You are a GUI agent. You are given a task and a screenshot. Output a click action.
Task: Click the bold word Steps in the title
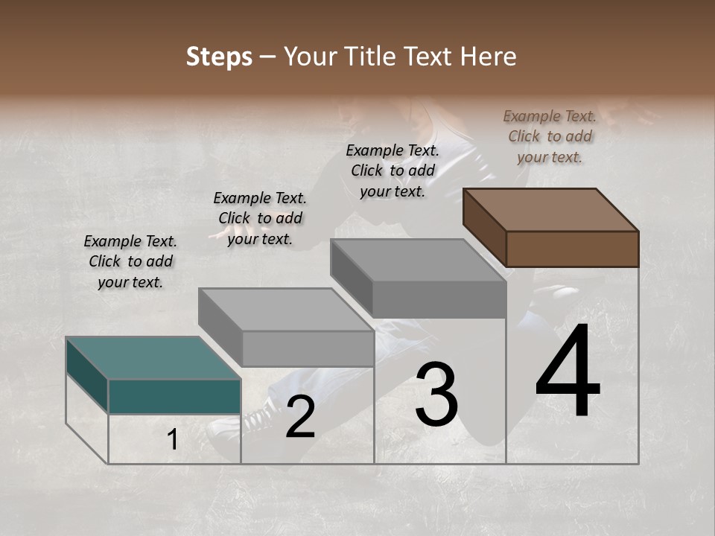point(218,57)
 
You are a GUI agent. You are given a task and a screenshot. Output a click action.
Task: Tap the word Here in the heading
point(488,57)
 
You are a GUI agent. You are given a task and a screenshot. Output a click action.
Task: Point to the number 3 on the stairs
point(436,395)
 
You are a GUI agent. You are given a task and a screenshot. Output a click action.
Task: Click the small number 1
point(172,440)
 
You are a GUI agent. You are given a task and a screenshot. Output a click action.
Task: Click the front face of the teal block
point(174,396)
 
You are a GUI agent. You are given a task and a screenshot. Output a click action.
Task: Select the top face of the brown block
point(551,209)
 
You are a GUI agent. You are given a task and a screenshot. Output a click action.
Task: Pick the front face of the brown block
point(572,249)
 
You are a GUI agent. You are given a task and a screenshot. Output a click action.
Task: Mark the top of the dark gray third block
point(418,260)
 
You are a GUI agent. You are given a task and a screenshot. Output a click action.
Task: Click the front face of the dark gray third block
point(439,299)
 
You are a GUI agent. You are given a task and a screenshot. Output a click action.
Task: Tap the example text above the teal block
point(130,261)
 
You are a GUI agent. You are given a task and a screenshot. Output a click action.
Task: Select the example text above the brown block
point(550,136)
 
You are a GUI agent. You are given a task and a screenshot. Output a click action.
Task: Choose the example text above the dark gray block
point(393,170)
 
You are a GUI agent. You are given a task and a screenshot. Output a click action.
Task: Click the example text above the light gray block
point(260,218)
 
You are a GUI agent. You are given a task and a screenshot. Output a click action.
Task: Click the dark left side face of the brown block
point(484,227)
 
